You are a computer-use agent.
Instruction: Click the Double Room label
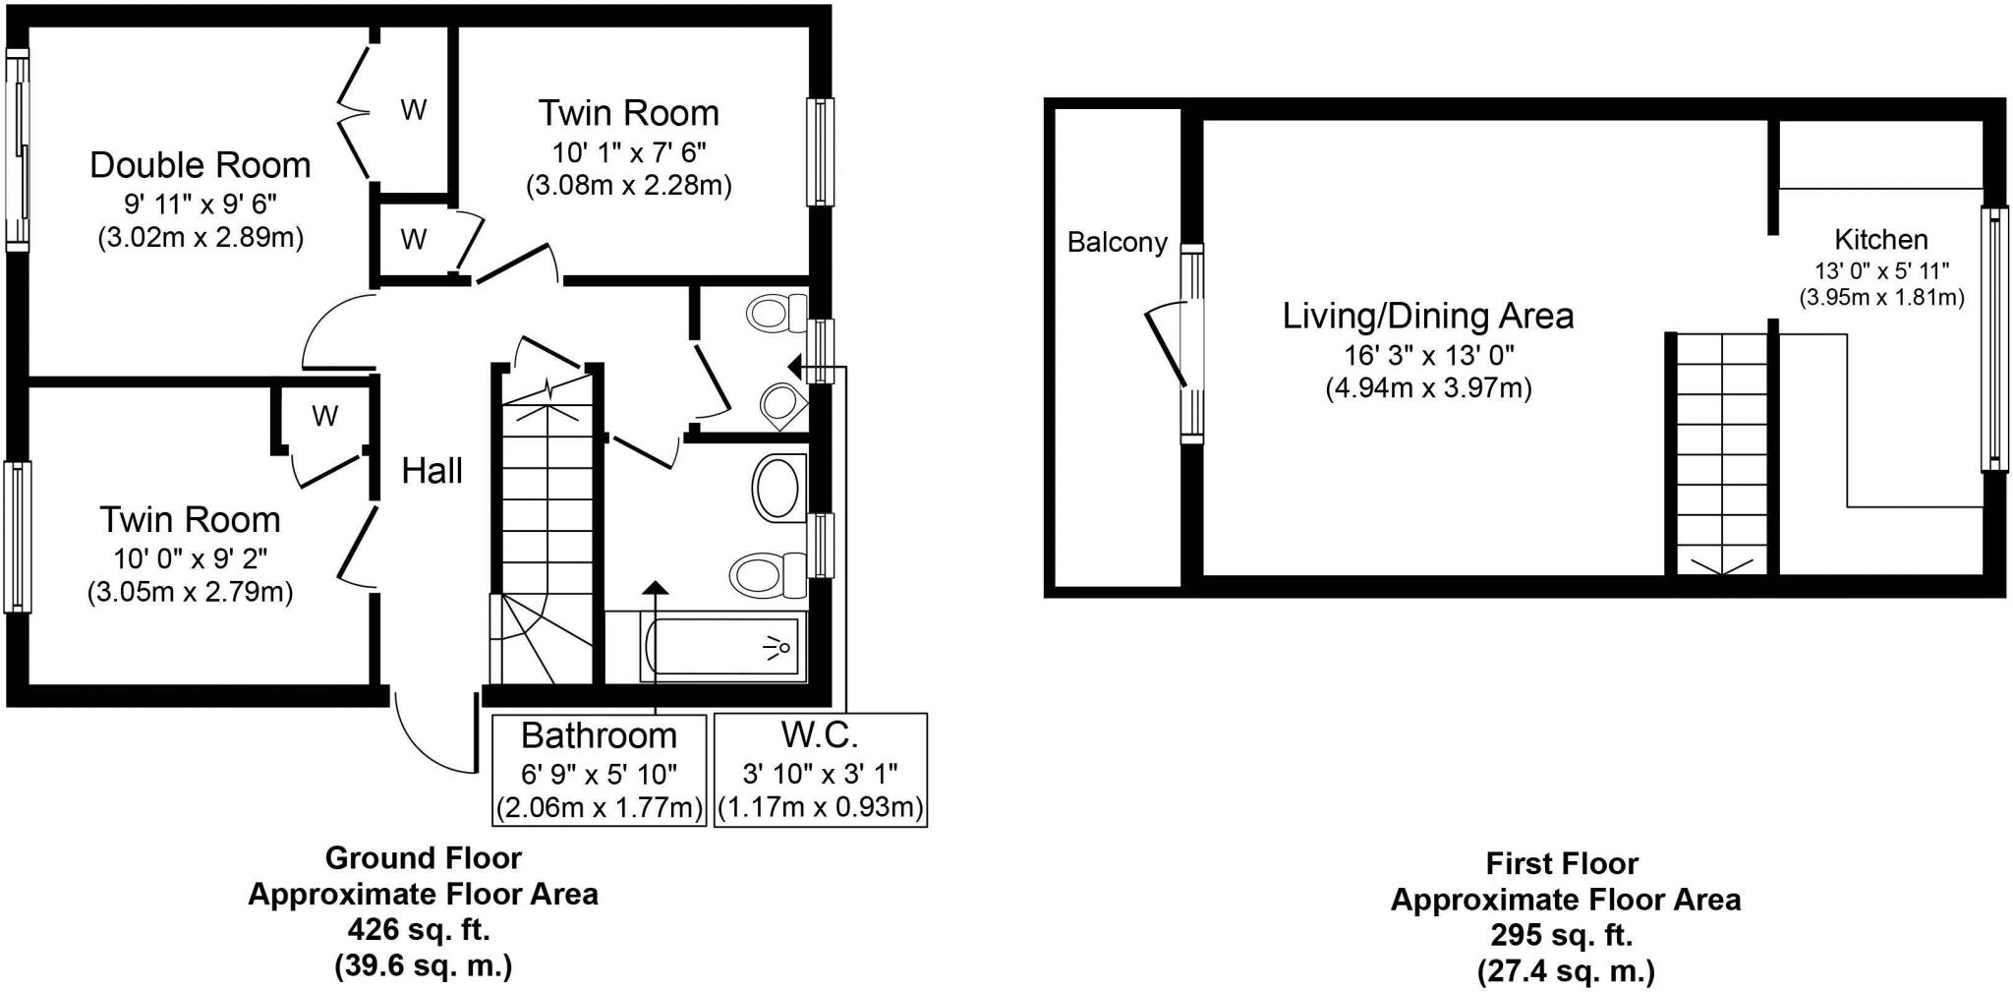click(200, 165)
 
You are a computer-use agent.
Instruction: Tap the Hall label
click(431, 472)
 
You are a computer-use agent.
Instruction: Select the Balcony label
click(1117, 243)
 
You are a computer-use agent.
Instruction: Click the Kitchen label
click(1880, 240)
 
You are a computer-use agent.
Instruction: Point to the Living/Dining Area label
click(1427, 317)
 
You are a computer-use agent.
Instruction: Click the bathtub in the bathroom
click(724, 647)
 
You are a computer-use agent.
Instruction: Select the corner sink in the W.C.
click(784, 404)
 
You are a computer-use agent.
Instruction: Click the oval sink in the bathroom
click(777, 487)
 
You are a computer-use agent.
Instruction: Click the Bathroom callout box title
click(599, 735)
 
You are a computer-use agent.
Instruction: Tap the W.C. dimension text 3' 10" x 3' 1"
click(820, 774)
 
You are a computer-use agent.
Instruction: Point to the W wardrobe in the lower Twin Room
click(324, 417)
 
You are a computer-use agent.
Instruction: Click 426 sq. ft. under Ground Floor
click(420, 929)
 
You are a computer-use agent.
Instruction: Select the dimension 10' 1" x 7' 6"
click(629, 151)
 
